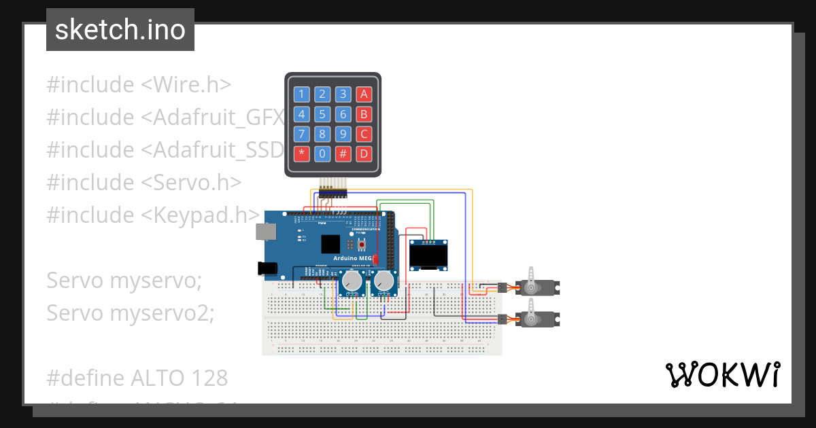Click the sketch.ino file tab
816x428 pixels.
(120, 30)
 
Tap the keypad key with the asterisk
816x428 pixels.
(302, 154)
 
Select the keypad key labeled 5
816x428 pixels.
(322, 114)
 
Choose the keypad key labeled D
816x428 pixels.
(364, 154)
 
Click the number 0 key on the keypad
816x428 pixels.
(322, 154)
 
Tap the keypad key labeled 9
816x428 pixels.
(343, 134)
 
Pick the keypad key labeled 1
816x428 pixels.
(302, 94)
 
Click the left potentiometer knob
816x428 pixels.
(352, 280)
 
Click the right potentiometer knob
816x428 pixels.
(384, 280)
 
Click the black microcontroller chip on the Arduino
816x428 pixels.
(331, 244)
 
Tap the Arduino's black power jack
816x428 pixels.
(269, 269)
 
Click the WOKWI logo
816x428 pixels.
(722, 375)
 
